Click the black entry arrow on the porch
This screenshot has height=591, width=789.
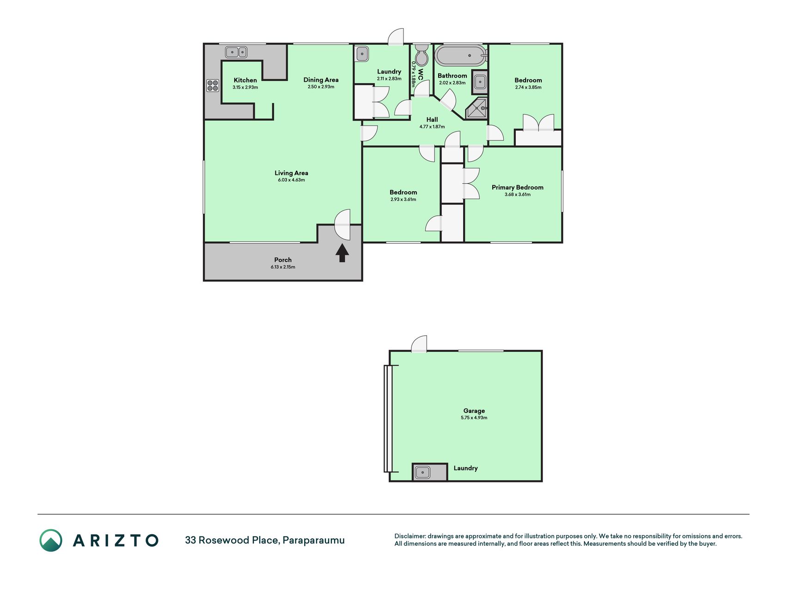click(x=342, y=253)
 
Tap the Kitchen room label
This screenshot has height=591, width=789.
click(x=245, y=80)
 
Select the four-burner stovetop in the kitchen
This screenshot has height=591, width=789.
click(x=213, y=85)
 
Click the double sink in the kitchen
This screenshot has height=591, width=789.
click(x=236, y=52)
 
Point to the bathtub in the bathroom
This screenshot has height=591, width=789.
click(x=461, y=56)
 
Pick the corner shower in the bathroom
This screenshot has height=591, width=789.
click(x=477, y=109)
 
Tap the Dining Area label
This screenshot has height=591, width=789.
click(x=321, y=80)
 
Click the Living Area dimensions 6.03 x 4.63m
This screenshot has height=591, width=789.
click(x=291, y=180)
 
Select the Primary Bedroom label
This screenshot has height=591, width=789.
click(x=517, y=187)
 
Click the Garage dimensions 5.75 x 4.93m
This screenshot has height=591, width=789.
click(x=474, y=418)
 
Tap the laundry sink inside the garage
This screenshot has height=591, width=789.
click(x=422, y=472)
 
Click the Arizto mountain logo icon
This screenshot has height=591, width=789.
click(x=51, y=540)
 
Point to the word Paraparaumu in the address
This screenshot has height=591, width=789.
click(x=313, y=540)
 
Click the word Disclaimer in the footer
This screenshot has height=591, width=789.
click(x=410, y=536)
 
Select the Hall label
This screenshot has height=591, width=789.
click(x=432, y=120)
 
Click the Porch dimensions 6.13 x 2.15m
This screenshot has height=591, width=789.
click(x=283, y=267)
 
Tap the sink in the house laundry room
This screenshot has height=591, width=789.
click(x=362, y=54)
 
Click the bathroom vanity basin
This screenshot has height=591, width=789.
click(x=480, y=83)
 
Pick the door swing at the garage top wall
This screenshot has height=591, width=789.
click(x=419, y=344)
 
